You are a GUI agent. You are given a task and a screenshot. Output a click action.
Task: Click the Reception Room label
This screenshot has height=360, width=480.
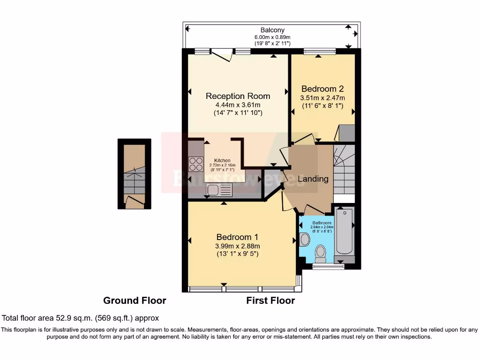(x=238, y=96)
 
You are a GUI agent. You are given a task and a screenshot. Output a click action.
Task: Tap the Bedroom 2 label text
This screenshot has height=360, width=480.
(x=322, y=89)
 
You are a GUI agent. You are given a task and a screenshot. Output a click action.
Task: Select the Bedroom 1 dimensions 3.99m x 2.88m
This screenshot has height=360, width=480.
(x=237, y=246)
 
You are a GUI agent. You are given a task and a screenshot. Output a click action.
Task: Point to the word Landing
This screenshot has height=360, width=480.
(x=313, y=179)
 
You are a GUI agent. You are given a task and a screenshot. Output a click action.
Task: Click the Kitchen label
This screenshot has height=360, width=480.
(x=222, y=160)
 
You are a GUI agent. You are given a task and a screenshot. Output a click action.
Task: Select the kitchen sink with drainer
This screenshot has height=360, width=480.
(x=219, y=190)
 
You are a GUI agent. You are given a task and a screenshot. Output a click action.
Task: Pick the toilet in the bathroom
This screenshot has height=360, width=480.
(x=321, y=253)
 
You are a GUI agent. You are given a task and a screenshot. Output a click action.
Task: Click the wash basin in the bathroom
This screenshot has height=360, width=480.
(x=304, y=240)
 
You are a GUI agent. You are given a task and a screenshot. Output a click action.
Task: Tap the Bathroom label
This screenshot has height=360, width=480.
(x=322, y=223)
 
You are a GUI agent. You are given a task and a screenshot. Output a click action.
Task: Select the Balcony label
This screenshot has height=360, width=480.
(x=272, y=30)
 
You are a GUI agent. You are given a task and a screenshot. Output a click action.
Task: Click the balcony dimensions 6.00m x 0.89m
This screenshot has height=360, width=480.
(x=272, y=37)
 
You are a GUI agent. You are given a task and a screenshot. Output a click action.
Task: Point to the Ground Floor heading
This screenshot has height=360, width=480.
(x=135, y=300)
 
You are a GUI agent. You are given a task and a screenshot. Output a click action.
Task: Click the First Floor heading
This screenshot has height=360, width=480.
(x=270, y=300)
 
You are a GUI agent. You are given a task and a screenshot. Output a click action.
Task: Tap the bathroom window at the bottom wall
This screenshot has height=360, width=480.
(x=328, y=267)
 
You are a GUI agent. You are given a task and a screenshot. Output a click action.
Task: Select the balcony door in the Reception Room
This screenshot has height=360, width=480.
(x=220, y=54)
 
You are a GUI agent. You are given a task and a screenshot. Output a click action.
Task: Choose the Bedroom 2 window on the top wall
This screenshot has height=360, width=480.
(x=319, y=51)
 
